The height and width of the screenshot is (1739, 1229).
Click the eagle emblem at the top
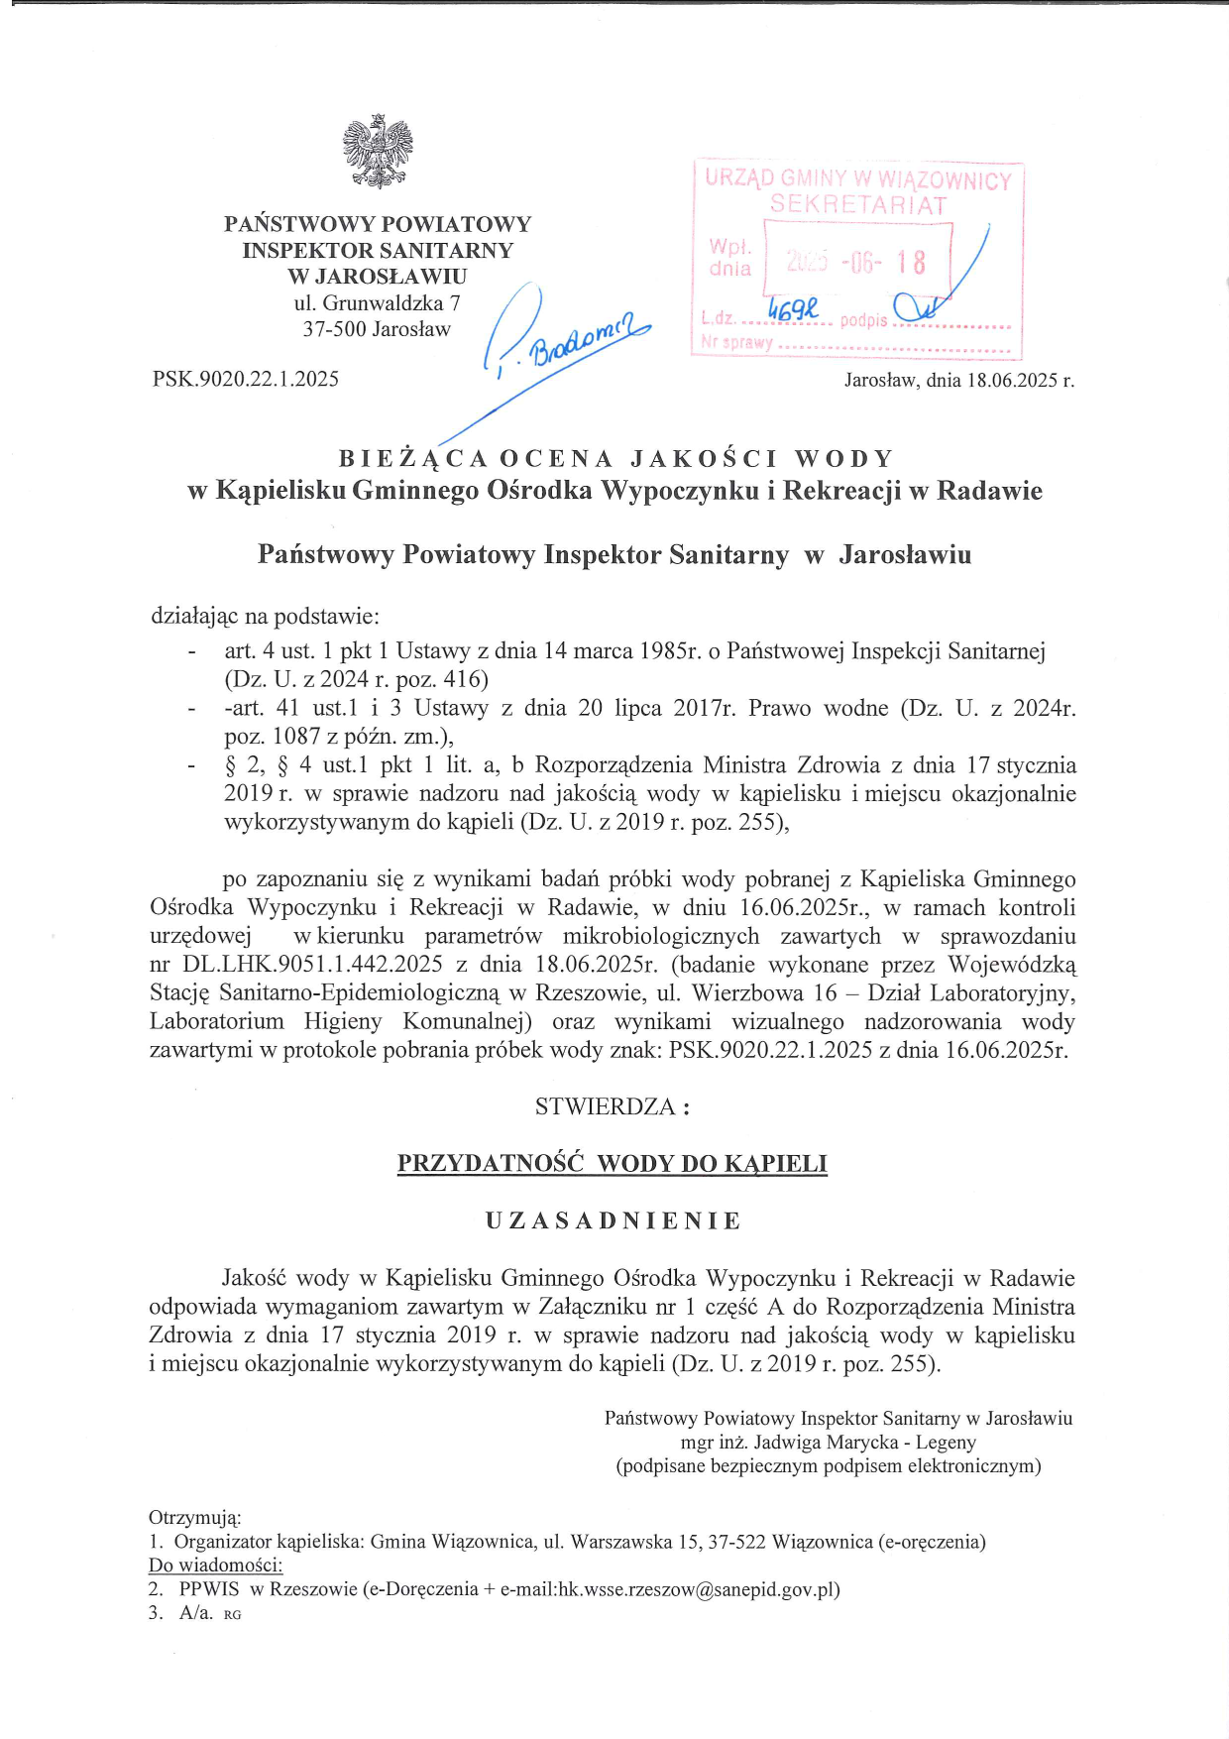click(378, 151)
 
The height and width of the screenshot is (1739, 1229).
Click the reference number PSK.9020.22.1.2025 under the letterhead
click(246, 379)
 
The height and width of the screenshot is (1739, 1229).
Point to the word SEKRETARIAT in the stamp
click(858, 205)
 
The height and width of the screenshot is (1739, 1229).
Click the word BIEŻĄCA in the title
click(413, 459)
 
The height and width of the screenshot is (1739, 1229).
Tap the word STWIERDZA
click(605, 1107)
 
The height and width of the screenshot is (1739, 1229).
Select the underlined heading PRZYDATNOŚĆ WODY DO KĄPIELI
click(613, 1164)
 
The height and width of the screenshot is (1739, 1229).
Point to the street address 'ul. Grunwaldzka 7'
click(377, 303)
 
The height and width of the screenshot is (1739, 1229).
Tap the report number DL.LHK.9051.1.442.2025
click(312, 965)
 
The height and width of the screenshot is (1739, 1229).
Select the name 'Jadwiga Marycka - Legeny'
click(865, 1443)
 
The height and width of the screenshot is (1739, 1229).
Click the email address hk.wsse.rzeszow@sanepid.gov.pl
click(699, 1589)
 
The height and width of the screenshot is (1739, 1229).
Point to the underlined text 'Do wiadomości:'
click(216, 1565)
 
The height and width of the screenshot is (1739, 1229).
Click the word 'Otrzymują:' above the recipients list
click(195, 1518)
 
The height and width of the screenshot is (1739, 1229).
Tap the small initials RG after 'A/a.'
click(233, 1615)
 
